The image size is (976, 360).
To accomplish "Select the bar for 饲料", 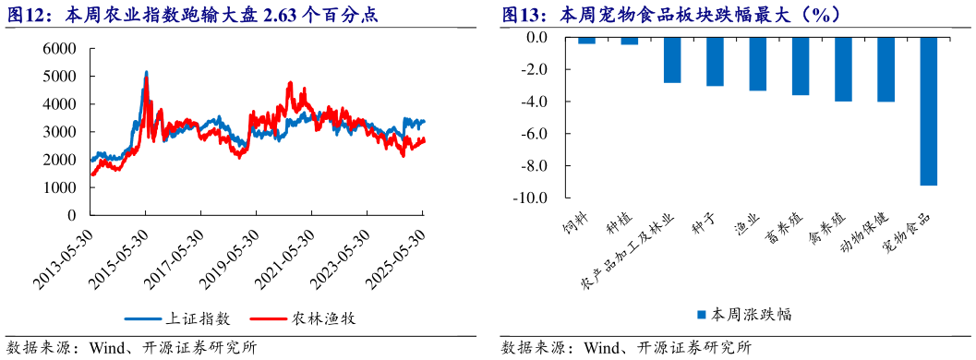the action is [587, 41].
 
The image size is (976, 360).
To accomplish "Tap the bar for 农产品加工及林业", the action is [672, 60].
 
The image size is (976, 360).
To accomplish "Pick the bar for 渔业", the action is [757, 64].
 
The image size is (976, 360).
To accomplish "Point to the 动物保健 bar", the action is [886, 69].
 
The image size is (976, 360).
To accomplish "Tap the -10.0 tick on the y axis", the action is [532, 198].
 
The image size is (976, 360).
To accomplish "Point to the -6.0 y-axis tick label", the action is [535, 134].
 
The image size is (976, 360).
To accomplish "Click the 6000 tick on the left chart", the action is [59, 49].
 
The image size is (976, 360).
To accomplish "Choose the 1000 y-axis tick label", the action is [59, 187].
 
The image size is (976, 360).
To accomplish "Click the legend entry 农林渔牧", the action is [302, 319].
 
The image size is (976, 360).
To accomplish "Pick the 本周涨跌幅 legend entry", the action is [743, 314].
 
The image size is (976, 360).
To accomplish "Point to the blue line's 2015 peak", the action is [146, 72].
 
